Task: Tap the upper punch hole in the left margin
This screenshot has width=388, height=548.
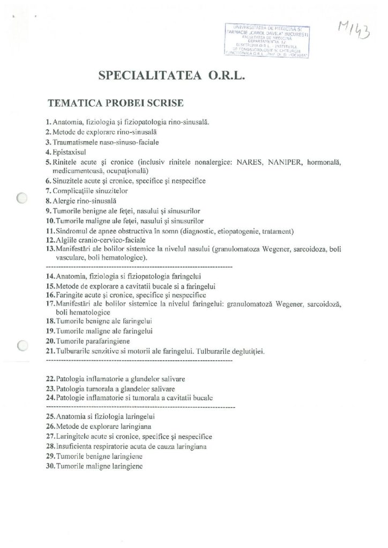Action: pos(22,198)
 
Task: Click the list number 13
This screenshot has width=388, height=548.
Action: pos(49,249)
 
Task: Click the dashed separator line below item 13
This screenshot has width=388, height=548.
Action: pos(139,266)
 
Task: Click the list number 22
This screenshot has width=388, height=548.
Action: pos(49,378)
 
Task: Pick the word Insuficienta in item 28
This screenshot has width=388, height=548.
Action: pos(71,446)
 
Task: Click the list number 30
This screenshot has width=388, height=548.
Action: pos(49,466)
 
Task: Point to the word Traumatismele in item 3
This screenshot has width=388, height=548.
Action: pos(74,142)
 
